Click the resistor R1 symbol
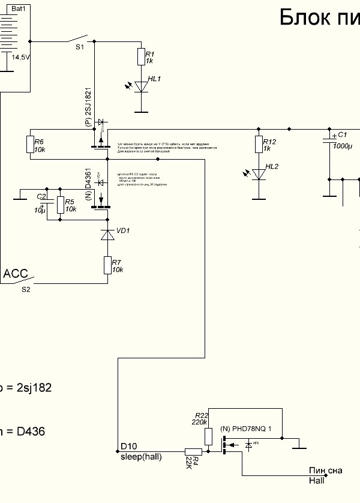141,57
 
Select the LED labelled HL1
141,87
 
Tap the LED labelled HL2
259,174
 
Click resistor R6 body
31,145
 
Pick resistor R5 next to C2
61,205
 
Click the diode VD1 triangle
108,235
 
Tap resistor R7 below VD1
108,265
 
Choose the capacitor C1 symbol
329,139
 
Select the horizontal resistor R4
193,451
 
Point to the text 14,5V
21,57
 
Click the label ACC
16,274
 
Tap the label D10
129,446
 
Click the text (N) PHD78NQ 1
246,429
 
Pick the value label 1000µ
343,146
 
